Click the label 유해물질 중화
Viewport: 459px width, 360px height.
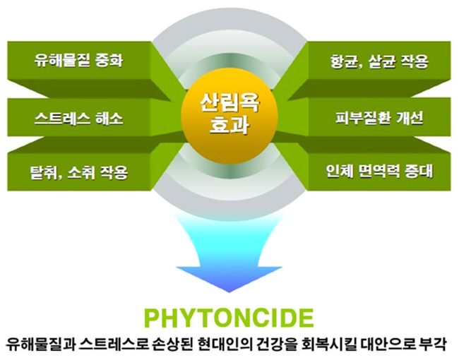click(78, 61)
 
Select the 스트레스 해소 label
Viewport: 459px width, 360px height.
click(78, 119)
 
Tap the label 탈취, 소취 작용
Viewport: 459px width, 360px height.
click(79, 172)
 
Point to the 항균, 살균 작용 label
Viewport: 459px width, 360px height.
click(379, 61)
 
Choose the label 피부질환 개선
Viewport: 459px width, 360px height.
click(379, 119)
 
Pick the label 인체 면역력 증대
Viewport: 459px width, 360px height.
click(379, 172)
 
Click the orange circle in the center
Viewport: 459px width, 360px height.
click(229, 116)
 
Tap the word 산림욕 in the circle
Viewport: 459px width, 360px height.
click(229, 104)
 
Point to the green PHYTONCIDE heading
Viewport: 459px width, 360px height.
click(229, 318)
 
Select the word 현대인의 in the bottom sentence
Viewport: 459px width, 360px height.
click(222, 344)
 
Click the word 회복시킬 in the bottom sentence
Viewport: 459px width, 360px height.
click(325, 344)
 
